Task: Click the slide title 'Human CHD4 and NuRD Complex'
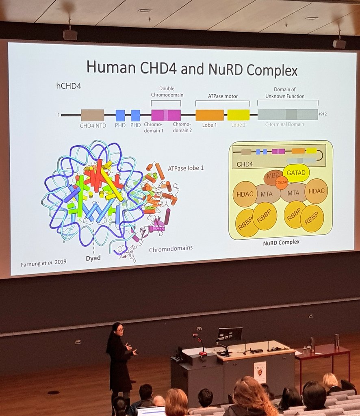192,68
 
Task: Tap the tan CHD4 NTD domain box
92,115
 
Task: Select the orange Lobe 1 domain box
209,115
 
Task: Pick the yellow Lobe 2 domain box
239,115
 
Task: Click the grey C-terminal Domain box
288,115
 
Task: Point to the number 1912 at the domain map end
323,115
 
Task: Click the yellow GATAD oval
296,173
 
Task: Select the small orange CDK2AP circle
281,183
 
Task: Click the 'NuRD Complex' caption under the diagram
281,242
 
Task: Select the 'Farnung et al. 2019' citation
43,263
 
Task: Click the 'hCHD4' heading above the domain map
69,87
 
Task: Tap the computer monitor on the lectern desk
230,334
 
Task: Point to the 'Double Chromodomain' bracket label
167,91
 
